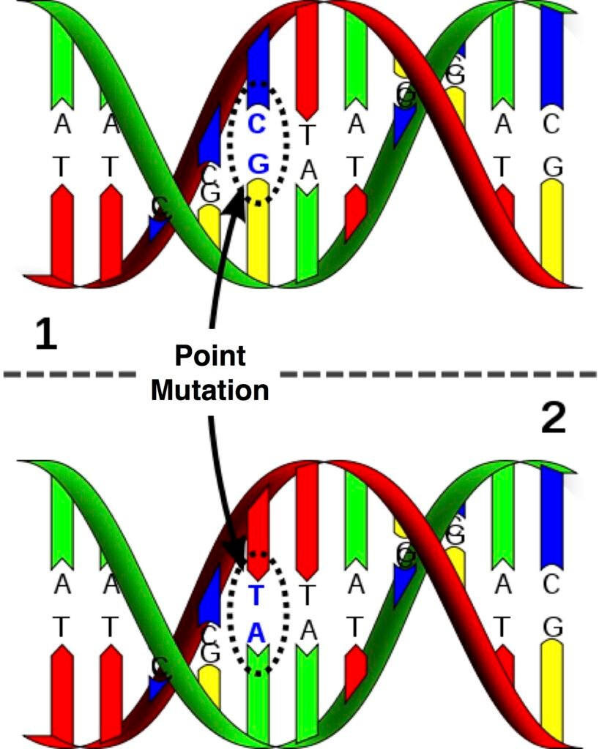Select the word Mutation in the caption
(209, 390)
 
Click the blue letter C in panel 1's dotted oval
(256, 125)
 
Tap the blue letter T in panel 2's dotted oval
(256, 595)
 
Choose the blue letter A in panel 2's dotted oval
(256, 633)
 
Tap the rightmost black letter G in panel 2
(553, 628)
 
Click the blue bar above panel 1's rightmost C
(551, 59)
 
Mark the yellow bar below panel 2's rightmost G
(552, 688)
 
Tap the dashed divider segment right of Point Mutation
(439, 374)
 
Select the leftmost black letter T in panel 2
(62, 626)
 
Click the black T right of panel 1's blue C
(308, 134)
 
